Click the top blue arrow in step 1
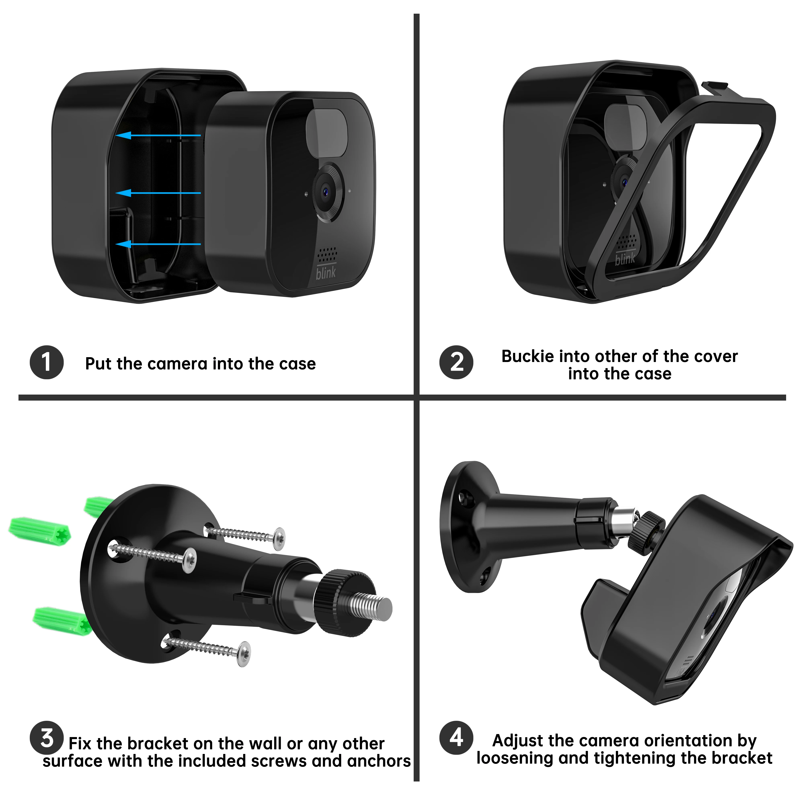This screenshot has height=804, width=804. pyautogui.click(x=158, y=135)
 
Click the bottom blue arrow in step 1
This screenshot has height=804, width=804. pyautogui.click(x=158, y=244)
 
